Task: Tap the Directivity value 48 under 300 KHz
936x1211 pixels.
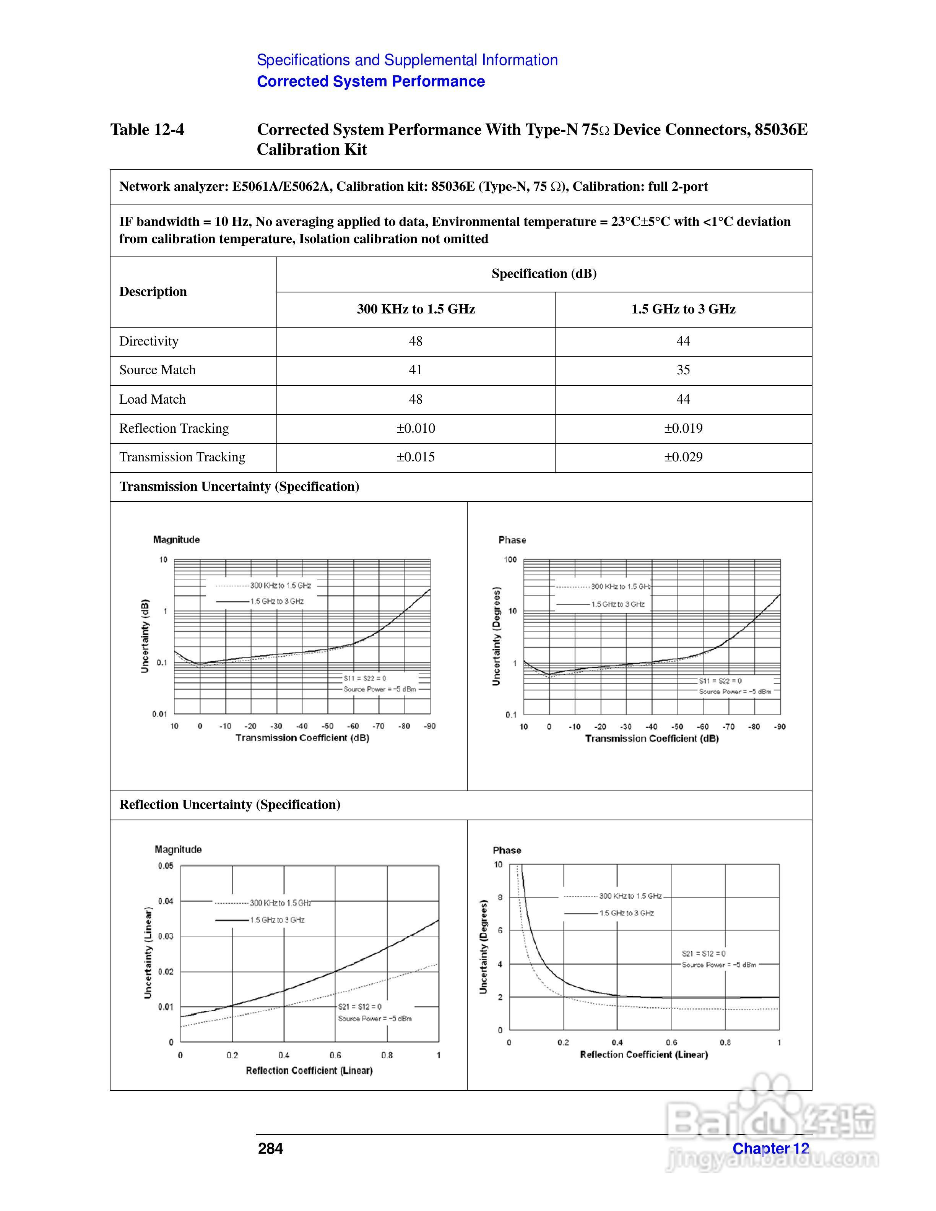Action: [x=415, y=341]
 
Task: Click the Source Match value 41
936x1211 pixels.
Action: [x=415, y=370]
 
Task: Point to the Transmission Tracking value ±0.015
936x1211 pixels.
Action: [x=415, y=457]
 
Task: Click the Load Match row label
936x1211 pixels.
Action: [x=153, y=399]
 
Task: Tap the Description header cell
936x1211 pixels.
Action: [x=153, y=292]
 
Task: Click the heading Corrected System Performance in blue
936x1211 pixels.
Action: [x=370, y=81]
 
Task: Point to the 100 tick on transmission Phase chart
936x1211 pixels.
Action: [x=510, y=560]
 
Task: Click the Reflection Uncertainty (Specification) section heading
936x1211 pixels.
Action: [x=229, y=805]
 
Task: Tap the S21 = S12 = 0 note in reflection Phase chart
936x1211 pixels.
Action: [x=703, y=954]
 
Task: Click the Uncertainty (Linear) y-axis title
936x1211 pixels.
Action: [x=148, y=953]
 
